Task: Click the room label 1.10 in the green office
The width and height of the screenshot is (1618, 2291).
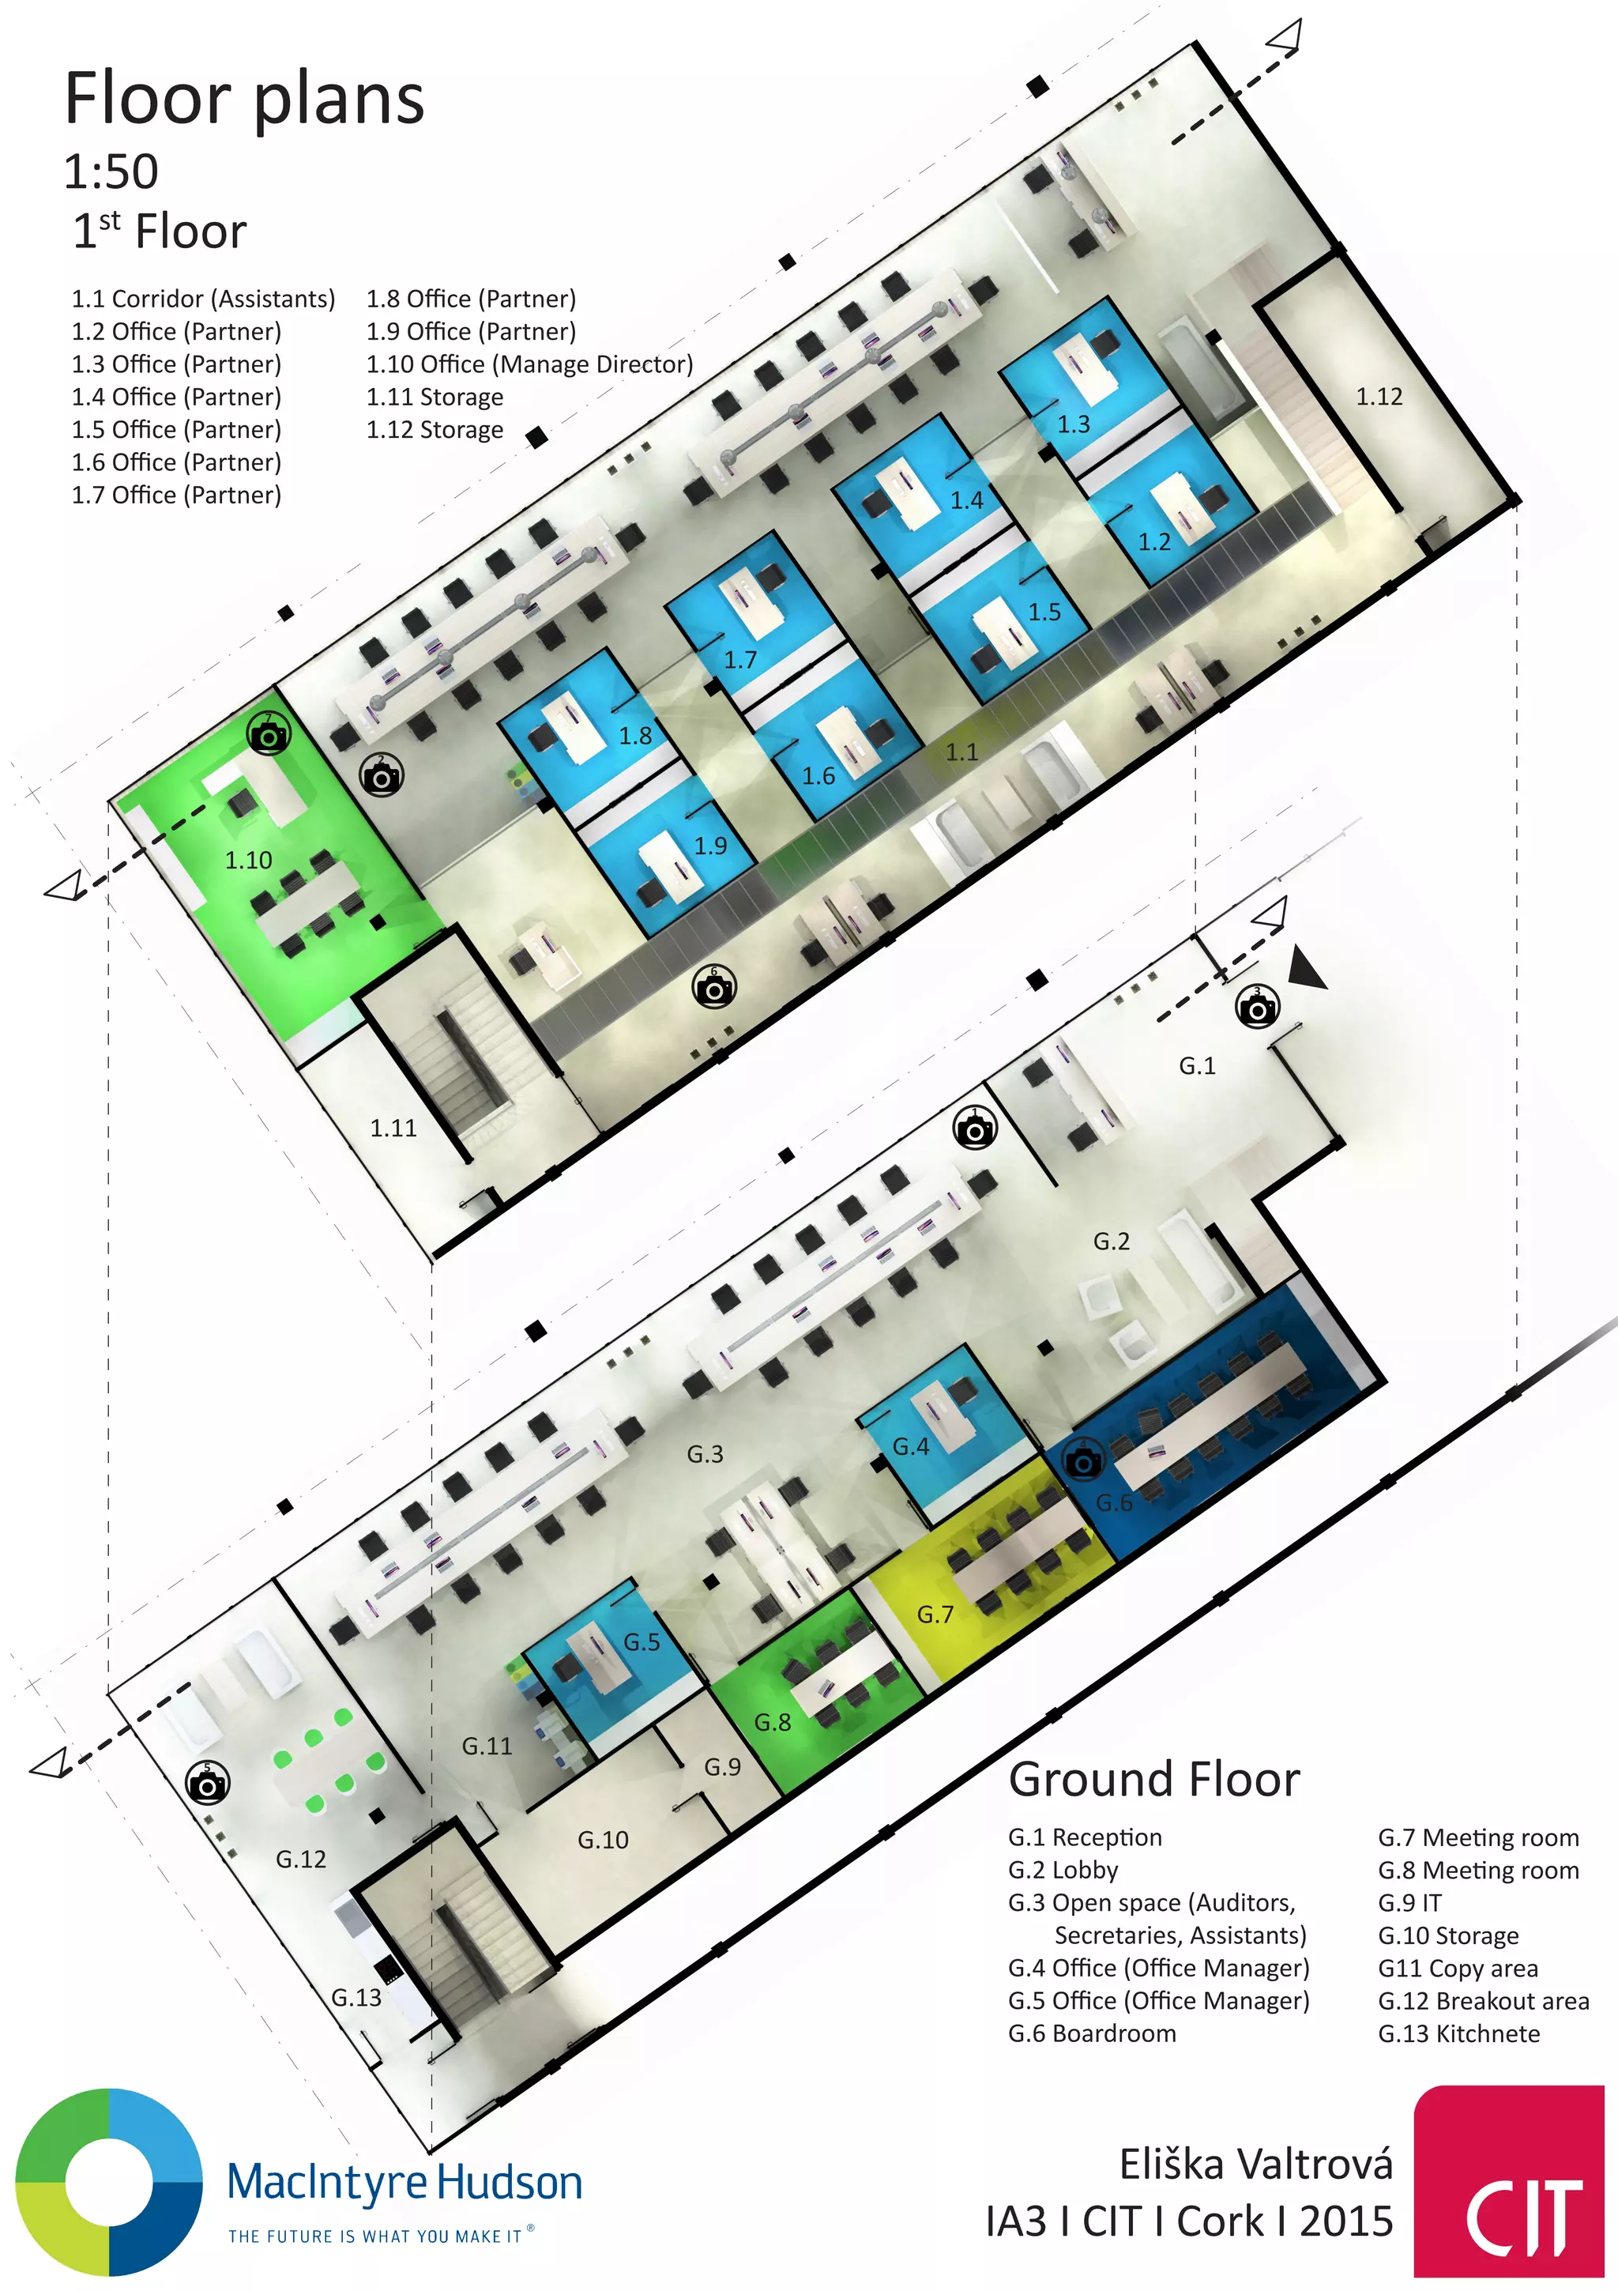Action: [248, 860]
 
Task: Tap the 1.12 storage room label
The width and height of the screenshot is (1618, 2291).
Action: [1379, 398]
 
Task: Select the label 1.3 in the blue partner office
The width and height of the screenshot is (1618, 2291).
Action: [1074, 424]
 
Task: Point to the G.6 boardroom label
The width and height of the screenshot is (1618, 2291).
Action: [1114, 1503]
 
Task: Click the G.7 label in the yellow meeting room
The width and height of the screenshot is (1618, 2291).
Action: [935, 1615]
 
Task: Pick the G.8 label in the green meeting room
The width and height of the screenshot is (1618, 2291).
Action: [772, 1722]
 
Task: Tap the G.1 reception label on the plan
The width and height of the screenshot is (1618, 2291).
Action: [1197, 1065]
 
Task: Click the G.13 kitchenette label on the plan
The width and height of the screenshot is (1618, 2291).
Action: [356, 1998]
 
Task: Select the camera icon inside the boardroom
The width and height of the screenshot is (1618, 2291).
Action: [1083, 1462]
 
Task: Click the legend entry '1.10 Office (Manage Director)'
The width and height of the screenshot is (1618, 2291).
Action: [529, 364]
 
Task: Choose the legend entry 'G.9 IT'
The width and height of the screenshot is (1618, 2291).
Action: [1409, 1903]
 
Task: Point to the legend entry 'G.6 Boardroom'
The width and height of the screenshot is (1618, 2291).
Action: [1091, 2033]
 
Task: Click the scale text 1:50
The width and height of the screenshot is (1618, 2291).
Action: [111, 171]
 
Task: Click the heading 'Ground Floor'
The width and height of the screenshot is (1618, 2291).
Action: [1154, 1779]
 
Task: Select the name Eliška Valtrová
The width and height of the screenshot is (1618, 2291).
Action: [1256, 2165]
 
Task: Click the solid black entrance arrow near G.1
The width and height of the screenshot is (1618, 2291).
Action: [1306, 969]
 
